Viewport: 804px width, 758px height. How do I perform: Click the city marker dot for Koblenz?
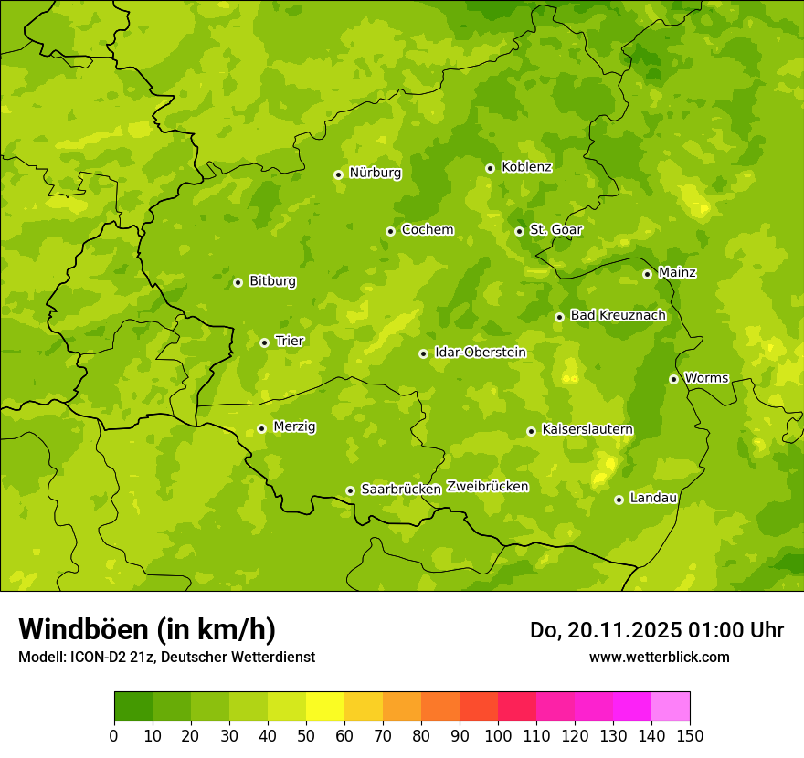pos(490,168)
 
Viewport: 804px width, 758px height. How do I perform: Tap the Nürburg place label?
pos(375,173)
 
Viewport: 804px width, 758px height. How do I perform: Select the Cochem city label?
pos(427,230)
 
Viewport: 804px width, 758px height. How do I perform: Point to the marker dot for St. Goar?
pos(519,231)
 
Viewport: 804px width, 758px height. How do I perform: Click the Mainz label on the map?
pos(677,273)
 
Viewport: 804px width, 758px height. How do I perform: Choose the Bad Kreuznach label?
pos(618,316)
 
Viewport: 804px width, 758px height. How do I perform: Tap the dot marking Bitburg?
pos(238,282)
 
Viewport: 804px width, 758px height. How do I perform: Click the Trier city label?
pos(290,342)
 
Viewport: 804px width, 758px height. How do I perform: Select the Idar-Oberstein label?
pos(481,353)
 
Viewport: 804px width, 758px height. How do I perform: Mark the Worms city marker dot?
pos(673,379)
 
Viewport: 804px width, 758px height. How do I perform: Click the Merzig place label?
pos(295,427)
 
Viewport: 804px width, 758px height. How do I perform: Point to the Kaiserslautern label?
pos(587,430)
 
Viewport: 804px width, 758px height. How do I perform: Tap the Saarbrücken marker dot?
pos(350,490)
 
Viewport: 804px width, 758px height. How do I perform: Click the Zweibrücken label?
pos(488,487)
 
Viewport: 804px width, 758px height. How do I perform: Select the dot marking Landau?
pos(619,500)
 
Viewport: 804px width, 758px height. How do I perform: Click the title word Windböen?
pos(83,630)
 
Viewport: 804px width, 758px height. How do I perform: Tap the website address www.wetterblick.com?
pos(659,657)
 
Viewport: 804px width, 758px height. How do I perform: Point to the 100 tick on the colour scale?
pos(498,735)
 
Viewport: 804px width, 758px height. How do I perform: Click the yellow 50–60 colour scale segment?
pos(325,707)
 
